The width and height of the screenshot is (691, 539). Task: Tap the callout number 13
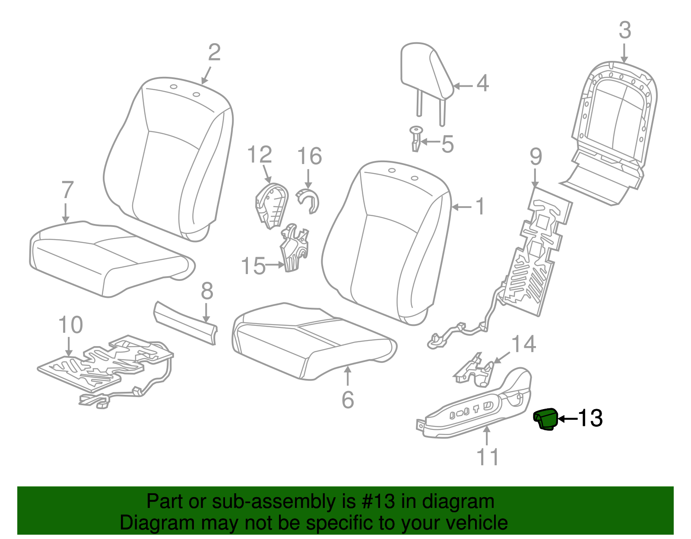(x=590, y=418)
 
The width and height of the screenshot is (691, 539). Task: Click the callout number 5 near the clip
(x=447, y=144)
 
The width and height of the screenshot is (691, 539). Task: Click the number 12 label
(x=260, y=155)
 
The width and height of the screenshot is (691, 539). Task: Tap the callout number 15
(x=253, y=266)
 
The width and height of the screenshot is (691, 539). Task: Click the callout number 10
(x=70, y=325)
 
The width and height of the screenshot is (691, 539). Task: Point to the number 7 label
(x=67, y=190)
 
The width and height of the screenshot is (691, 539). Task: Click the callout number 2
(x=214, y=53)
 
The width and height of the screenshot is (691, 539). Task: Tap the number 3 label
(x=624, y=31)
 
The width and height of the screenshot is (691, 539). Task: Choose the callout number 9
(x=536, y=156)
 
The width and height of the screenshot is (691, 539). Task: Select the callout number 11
(x=488, y=457)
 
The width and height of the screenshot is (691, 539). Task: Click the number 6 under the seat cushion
(x=348, y=400)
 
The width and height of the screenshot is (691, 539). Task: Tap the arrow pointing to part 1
(x=462, y=208)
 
